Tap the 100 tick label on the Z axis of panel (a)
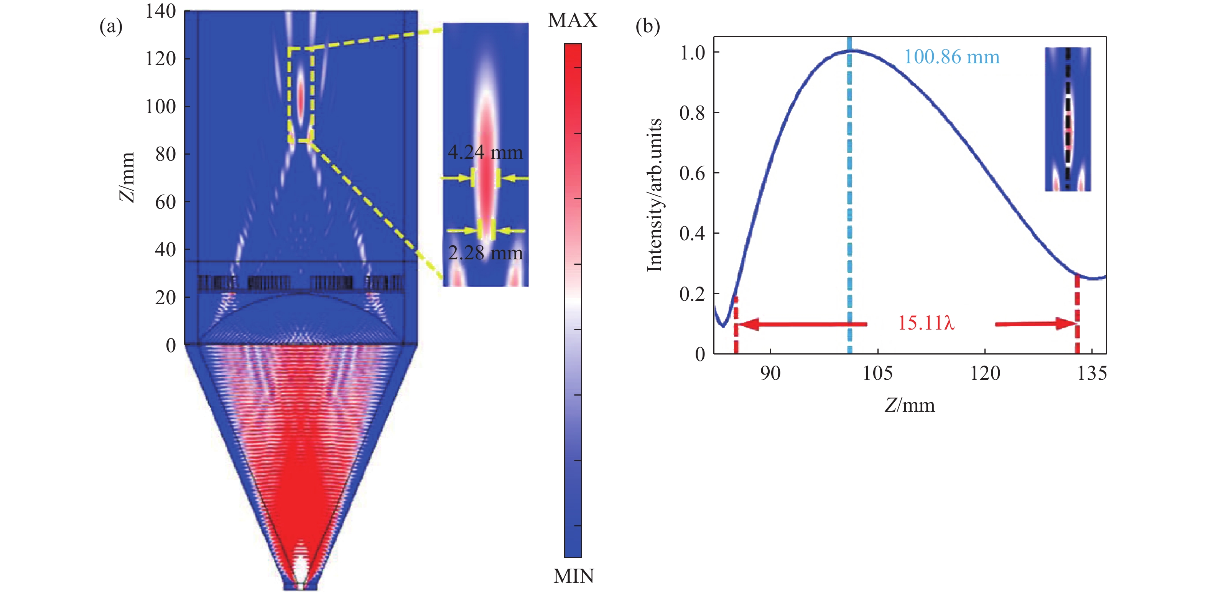click(160, 107)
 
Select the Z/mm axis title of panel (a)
click(127, 177)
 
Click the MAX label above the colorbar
click(573, 21)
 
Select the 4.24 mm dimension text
click(485, 152)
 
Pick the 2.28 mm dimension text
click(485, 253)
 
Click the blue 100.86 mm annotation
click(951, 57)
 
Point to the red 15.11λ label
click(926, 323)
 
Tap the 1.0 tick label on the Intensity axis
click(692, 53)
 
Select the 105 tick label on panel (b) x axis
click(877, 374)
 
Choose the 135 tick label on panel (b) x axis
click(1092, 374)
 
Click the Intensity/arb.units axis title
click(655, 195)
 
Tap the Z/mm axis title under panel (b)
click(909, 405)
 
